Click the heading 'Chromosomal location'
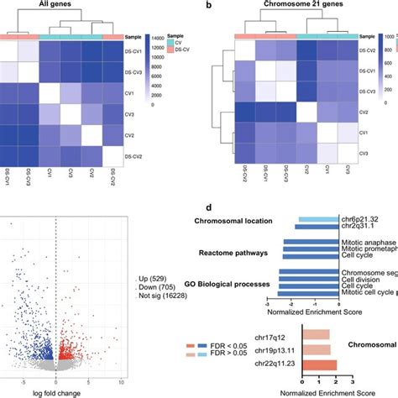(233, 221)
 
